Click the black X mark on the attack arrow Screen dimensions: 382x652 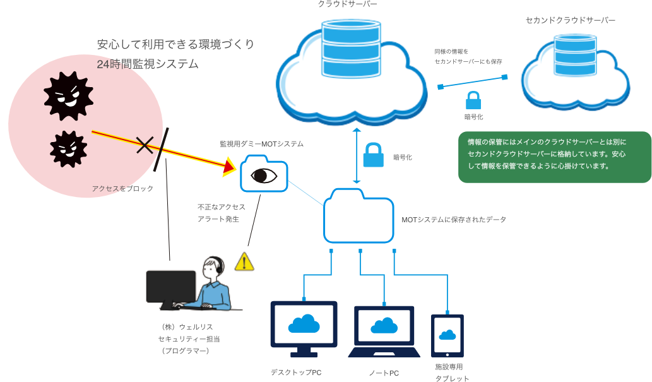[x=145, y=146]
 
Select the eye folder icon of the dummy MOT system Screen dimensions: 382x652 [x=264, y=174]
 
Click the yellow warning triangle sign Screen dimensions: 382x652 [x=244, y=261]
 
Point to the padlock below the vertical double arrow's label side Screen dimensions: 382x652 [x=373, y=155]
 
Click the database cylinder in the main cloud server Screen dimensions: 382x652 [x=351, y=47]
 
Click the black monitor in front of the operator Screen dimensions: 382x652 [x=170, y=287]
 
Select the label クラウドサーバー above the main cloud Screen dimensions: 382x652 [x=349, y=5]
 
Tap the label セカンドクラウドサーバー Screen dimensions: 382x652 [x=570, y=20]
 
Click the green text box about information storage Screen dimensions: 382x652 [x=554, y=157]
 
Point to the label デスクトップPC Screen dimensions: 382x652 [x=296, y=373]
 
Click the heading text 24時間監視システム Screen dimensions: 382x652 [x=148, y=64]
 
